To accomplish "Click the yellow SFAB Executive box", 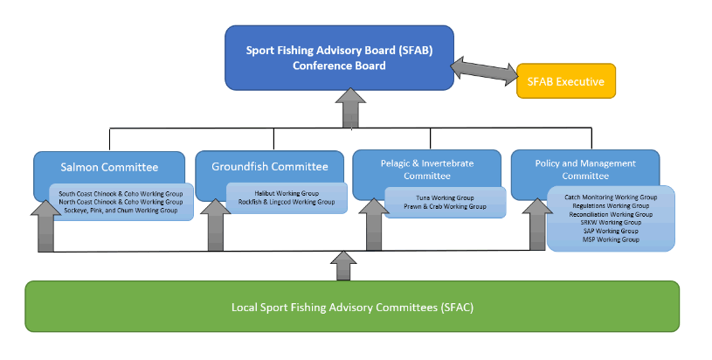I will tap(566, 80).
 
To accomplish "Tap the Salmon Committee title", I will tap(109, 167).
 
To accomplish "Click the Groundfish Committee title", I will tap(270, 166).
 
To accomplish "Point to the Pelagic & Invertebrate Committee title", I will tap(426, 169).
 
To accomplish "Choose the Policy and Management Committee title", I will tap(585, 169).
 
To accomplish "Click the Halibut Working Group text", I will tap(287, 193).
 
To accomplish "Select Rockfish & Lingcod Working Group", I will tap(287, 202).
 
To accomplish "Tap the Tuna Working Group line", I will tap(445, 197).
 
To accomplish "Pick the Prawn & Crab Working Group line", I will tap(445, 207).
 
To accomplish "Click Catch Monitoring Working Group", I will tap(611, 197).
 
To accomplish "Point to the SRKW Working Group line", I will tap(611, 223).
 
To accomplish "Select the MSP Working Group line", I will tap(611, 239).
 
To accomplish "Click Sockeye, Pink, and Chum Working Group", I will tap(121, 211).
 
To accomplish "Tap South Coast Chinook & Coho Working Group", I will tap(121, 193).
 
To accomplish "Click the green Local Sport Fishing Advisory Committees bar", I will tap(352, 308).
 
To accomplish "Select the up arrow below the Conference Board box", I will tap(352, 107).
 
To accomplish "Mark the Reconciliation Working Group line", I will tap(611, 214).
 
